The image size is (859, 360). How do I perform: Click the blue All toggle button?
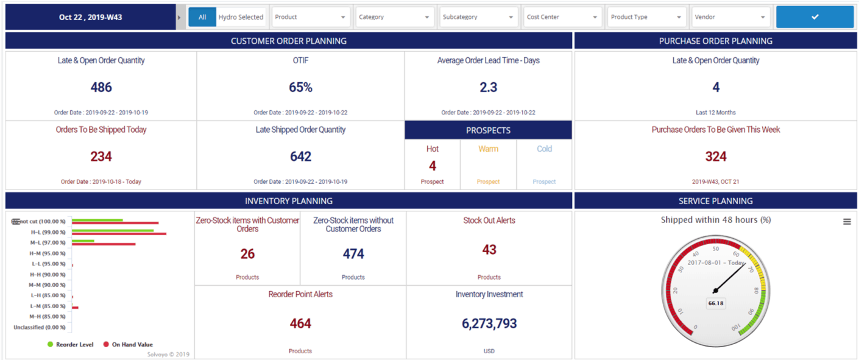(x=202, y=17)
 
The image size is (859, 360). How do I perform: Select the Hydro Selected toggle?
(x=241, y=17)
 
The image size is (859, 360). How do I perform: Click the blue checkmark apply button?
(x=815, y=17)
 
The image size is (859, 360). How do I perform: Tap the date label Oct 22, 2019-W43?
(x=90, y=17)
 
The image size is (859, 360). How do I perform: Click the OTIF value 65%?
(x=300, y=87)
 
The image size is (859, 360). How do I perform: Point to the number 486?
(x=101, y=87)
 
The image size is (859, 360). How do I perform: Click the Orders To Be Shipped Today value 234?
(x=101, y=157)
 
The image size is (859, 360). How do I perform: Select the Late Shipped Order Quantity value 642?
(x=300, y=157)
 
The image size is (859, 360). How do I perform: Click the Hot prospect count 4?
(x=432, y=166)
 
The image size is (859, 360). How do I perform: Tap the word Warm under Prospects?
(x=488, y=149)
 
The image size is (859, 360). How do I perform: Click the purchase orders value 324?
(x=715, y=157)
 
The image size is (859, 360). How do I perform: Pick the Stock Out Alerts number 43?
(x=489, y=250)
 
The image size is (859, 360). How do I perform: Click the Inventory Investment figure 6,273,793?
(x=489, y=323)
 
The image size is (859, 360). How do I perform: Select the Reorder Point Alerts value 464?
(x=300, y=323)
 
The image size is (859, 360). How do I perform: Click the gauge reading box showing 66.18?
(x=715, y=303)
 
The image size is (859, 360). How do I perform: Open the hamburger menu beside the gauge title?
(x=847, y=222)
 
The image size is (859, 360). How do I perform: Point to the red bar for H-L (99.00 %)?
(x=119, y=234)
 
